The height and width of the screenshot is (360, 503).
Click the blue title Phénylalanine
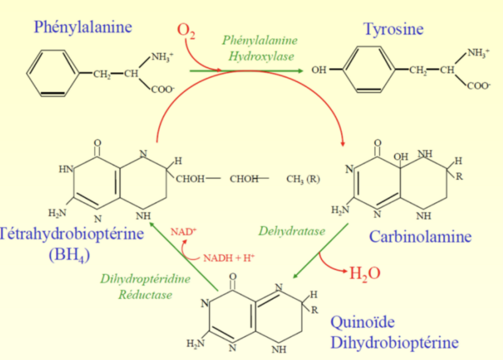[x=83, y=26]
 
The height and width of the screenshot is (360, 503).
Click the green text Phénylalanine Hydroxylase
[x=261, y=48]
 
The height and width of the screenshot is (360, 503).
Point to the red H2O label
[x=365, y=273]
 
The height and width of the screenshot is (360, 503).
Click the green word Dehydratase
[x=292, y=231]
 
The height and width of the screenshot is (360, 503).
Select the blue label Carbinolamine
[x=420, y=236]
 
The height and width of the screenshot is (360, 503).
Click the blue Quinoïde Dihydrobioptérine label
[x=394, y=332]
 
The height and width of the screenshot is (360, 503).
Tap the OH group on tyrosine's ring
[x=319, y=70]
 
